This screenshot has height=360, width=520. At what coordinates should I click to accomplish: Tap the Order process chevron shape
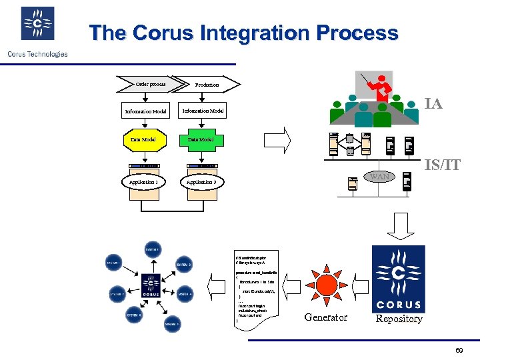[151, 84]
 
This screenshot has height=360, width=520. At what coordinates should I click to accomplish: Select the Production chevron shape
[207, 85]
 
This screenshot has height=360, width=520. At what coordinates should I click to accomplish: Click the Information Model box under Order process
[145, 111]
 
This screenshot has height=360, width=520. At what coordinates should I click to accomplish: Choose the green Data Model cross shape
[200, 139]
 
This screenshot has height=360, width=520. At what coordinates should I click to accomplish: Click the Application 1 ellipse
[144, 181]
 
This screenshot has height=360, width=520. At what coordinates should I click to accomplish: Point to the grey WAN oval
[379, 177]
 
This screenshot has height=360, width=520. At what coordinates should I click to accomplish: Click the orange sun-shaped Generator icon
[325, 285]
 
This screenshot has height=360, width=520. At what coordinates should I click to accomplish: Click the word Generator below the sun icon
[325, 317]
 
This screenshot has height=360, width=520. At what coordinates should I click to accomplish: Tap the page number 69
[459, 351]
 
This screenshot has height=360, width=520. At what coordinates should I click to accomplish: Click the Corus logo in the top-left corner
[37, 24]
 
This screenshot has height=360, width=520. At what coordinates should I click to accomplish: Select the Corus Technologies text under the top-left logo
[37, 54]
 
